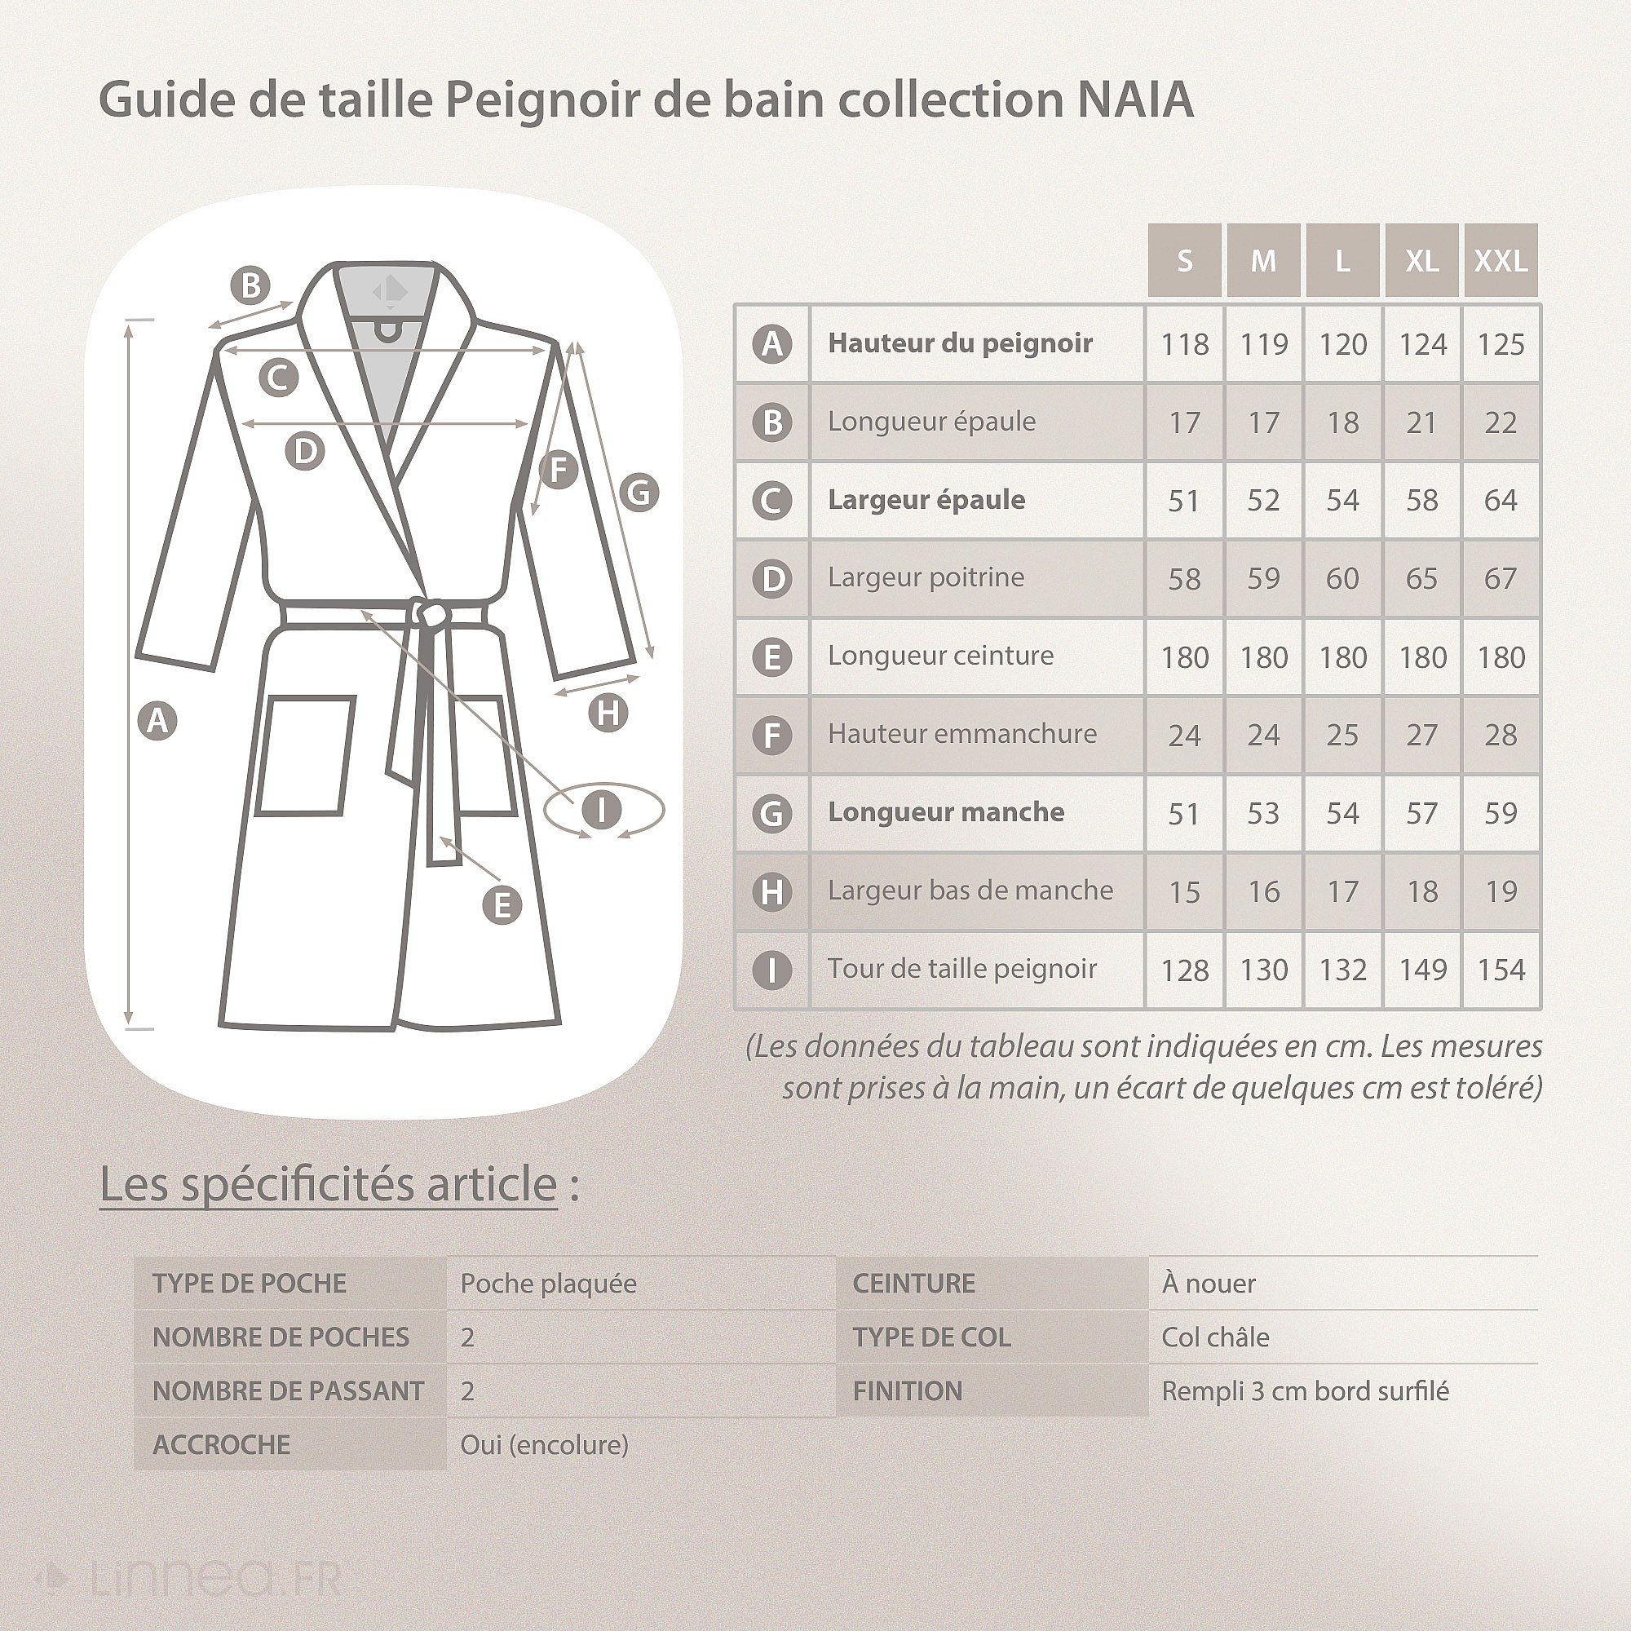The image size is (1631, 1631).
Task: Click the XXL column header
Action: pyautogui.click(x=1501, y=260)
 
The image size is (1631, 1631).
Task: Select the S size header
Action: pyautogui.click(x=1184, y=260)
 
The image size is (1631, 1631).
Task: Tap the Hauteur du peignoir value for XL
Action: pyautogui.click(x=1421, y=343)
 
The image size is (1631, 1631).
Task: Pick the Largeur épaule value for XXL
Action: pyautogui.click(x=1501, y=500)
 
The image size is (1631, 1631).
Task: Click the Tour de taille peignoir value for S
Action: pyautogui.click(x=1184, y=970)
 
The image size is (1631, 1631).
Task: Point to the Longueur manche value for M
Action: pyautogui.click(x=1263, y=813)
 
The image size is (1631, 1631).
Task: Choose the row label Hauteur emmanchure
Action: pyautogui.click(x=961, y=734)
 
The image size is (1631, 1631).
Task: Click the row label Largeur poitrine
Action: pyautogui.click(x=926, y=577)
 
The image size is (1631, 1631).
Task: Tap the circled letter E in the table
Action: pyautogui.click(x=771, y=656)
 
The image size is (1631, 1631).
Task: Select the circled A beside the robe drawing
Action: pyautogui.click(x=157, y=721)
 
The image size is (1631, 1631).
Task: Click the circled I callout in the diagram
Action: pyautogui.click(x=601, y=810)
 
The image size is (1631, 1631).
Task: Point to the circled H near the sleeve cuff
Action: pyautogui.click(x=608, y=713)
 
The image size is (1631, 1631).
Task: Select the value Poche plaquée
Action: pyautogui.click(x=548, y=1283)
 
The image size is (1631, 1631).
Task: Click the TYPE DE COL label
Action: pyautogui.click(x=931, y=1337)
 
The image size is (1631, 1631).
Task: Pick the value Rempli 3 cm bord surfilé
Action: pyautogui.click(x=1304, y=1391)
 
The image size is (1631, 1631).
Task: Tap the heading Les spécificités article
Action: pyautogui.click(x=329, y=1183)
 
